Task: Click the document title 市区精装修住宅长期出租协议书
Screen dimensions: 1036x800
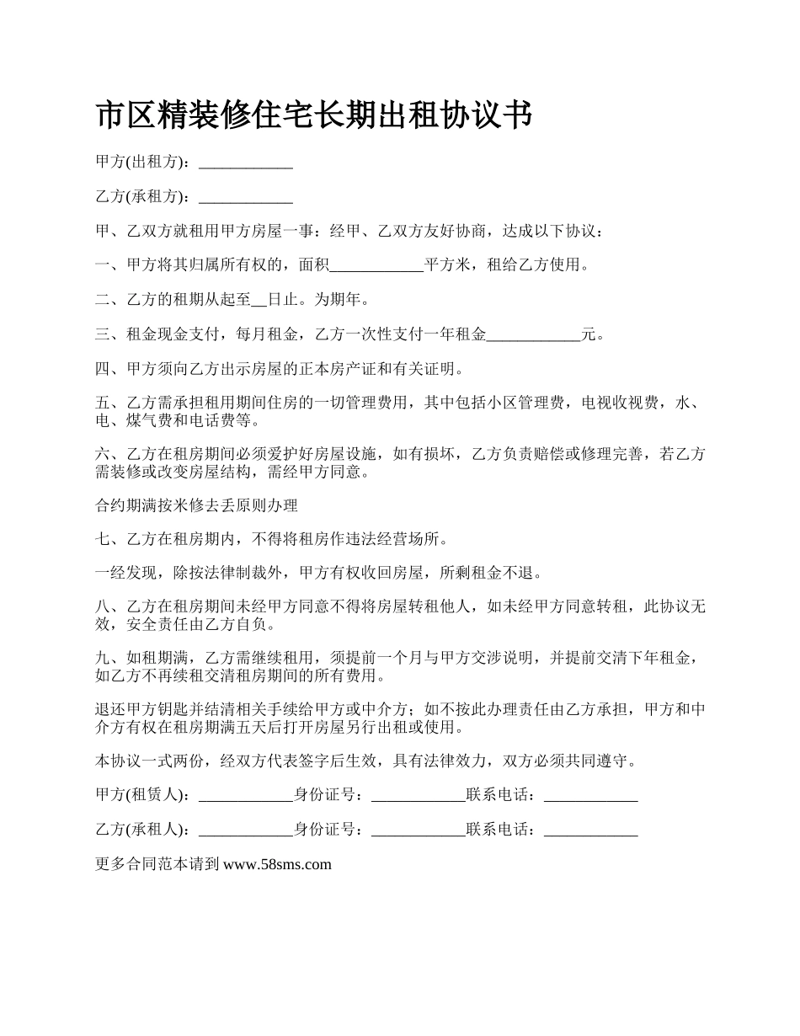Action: [314, 115]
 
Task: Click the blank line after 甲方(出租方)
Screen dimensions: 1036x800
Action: [245, 163]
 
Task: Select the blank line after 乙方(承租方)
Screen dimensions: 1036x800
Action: [245, 198]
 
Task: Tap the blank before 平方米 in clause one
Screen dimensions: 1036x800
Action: [376, 266]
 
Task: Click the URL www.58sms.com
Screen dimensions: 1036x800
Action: [277, 864]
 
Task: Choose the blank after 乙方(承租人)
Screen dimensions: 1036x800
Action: [245, 830]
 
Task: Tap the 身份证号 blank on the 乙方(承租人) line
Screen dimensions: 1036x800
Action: [419, 830]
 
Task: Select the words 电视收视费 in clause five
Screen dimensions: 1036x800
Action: [621, 403]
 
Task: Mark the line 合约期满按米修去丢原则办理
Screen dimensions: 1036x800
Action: [197, 506]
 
